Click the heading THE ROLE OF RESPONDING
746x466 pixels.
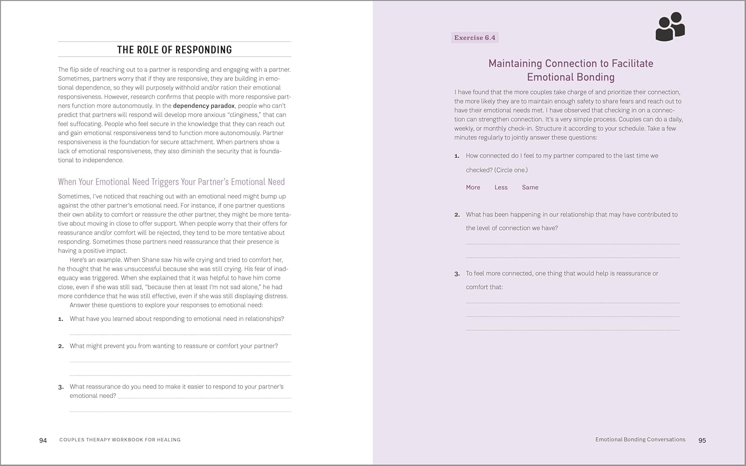point(175,50)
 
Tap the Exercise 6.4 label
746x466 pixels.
point(474,38)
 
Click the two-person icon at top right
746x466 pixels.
point(670,27)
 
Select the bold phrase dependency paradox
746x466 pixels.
point(203,106)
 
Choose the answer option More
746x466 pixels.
point(473,187)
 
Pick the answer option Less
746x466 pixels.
point(501,187)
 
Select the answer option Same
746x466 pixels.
point(530,187)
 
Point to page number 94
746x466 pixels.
point(43,440)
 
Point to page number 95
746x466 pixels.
point(702,440)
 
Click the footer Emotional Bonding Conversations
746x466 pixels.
point(640,440)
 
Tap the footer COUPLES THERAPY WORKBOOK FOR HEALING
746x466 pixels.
point(120,440)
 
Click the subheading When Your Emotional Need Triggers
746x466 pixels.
point(171,182)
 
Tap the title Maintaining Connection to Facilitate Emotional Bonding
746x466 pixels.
point(570,70)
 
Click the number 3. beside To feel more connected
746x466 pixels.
point(457,274)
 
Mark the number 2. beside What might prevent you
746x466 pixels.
point(61,346)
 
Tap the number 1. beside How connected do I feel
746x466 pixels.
point(457,156)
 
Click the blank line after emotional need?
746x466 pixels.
point(204,397)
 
